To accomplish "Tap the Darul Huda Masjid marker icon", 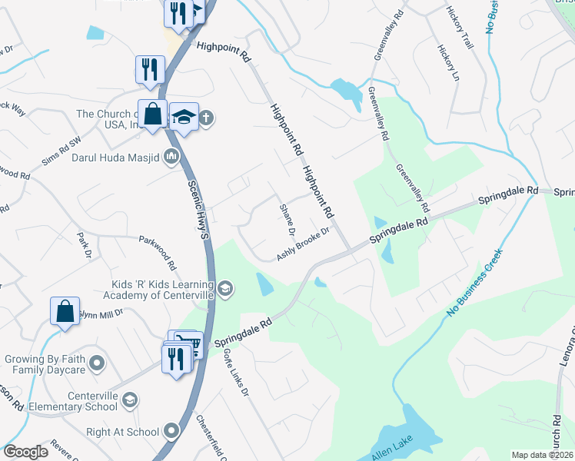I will tap(171, 158).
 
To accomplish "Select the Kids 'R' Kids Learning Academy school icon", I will tap(225, 289).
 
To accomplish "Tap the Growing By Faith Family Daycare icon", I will tap(97, 362).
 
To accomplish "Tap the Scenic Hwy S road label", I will tap(199, 210).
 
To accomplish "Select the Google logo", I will tap(26, 452).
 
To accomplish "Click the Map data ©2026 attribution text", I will tap(542, 455).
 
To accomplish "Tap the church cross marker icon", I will tap(206, 118).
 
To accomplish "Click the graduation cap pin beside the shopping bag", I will tap(184, 118).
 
